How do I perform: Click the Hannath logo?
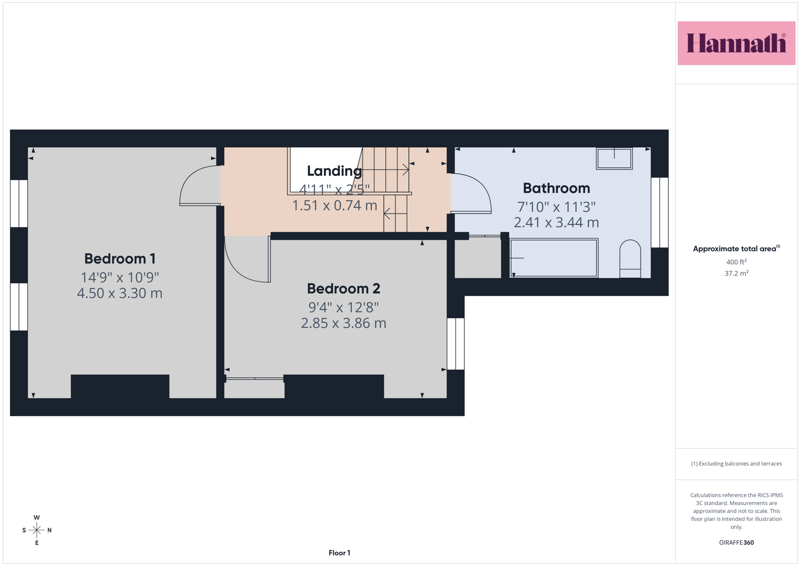[736, 43]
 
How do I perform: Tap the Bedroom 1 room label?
[120, 259]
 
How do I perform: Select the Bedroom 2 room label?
[343, 289]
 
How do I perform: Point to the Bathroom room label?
[557, 188]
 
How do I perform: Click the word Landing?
[334, 171]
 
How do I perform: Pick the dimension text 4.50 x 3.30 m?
[120, 293]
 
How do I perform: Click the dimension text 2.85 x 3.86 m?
[343, 323]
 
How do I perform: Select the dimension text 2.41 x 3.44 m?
[557, 223]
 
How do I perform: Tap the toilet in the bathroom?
[630, 259]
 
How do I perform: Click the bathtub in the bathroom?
[553, 258]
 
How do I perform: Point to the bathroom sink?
[614, 159]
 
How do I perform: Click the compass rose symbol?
[37, 530]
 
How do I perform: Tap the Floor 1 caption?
[339, 553]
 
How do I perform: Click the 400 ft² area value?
[736, 262]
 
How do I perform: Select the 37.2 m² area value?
[736, 274]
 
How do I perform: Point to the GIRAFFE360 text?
[736, 542]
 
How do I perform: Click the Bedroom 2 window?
[455, 344]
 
